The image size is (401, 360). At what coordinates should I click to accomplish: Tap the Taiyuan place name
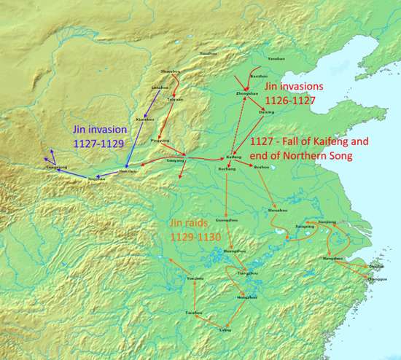[x=176, y=99]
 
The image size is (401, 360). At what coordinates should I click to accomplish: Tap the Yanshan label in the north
[x=276, y=58]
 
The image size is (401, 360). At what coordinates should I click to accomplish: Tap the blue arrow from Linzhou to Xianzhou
[x=149, y=103]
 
